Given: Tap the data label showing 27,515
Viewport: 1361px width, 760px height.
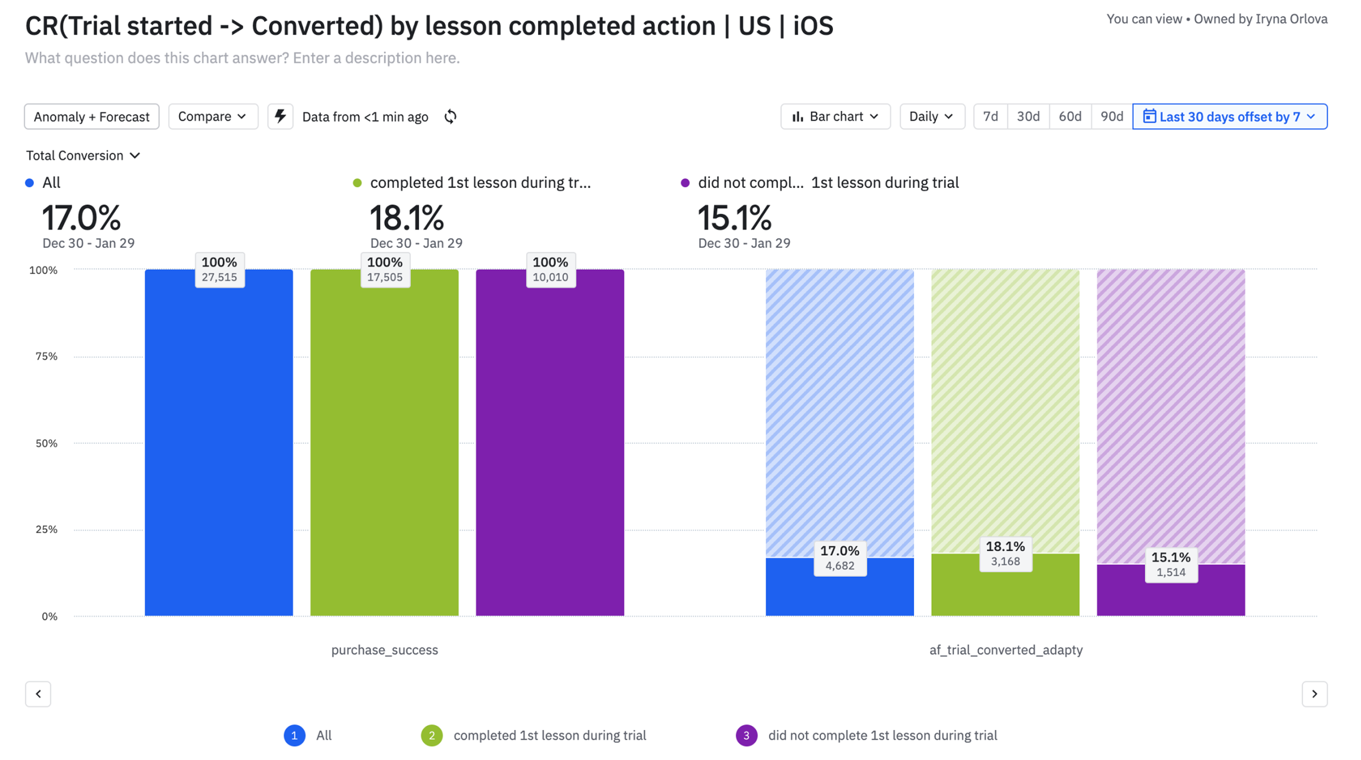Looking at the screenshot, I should (x=219, y=269).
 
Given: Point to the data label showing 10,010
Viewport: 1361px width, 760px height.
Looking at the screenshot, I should (x=550, y=269).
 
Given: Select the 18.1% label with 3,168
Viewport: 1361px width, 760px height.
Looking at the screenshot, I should (x=1005, y=554).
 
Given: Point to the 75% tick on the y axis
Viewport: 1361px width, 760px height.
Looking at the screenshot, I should (x=46, y=356).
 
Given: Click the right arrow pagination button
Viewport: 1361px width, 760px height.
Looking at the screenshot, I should (x=1314, y=694).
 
